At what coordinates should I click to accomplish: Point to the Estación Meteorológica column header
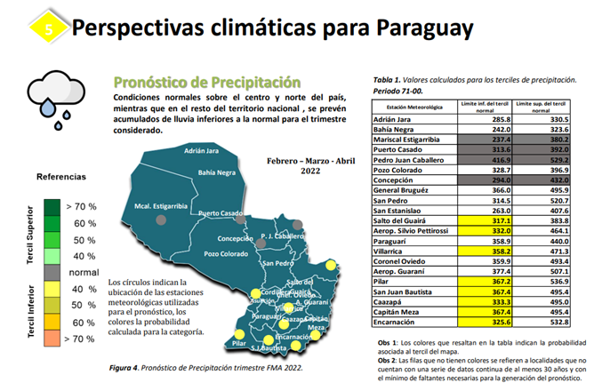(x=412, y=107)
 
